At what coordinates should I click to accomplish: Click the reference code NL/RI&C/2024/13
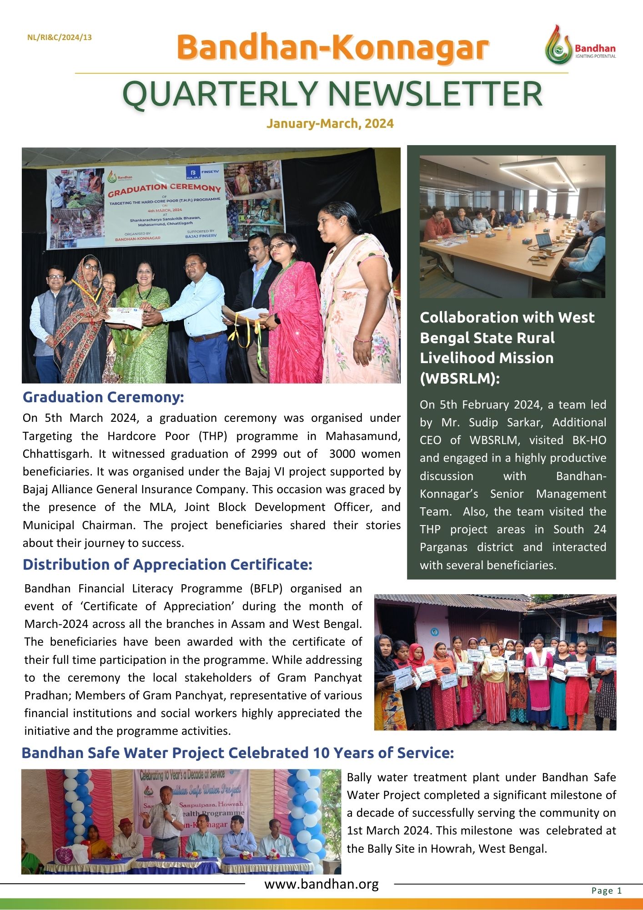pos(60,37)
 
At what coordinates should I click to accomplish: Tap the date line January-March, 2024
pos(330,123)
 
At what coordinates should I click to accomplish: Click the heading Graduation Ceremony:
pos(103,397)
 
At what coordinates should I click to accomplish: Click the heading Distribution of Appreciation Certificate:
pos(167,565)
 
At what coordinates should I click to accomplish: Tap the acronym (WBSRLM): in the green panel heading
pos(459,378)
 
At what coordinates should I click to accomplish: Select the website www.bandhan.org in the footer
pos(321,884)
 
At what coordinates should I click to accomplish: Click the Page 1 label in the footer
pos(606,890)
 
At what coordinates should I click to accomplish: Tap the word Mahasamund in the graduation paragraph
pos(362,436)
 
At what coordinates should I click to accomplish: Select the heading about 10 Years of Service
pos(237,753)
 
